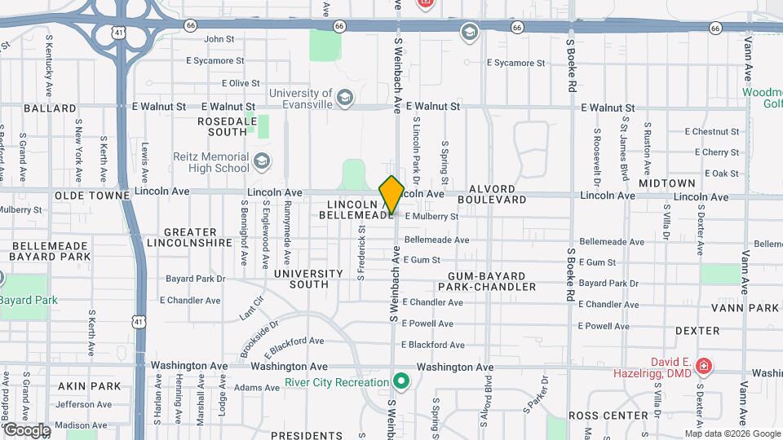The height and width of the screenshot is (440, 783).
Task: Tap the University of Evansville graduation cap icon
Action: [345, 99]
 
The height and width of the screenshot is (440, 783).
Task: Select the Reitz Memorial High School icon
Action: [261, 161]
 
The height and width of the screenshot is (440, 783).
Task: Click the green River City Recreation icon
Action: [400, 381]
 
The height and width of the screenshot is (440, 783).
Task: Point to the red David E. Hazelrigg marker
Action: [704, 367]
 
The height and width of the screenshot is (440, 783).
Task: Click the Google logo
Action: [26, 429]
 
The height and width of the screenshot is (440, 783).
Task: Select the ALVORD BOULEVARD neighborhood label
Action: [492, 199]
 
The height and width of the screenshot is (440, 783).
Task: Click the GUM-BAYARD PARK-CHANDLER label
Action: [486, 281]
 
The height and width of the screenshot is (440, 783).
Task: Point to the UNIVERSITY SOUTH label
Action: [308, 279]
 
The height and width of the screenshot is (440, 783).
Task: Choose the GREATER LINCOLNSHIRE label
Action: [190, 237]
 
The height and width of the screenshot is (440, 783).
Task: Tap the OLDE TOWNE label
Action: [91, 196]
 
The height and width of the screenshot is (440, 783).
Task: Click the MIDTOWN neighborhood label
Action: [667, 183]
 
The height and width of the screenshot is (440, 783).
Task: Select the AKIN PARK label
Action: [95, 386]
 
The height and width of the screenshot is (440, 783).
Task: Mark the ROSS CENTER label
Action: [620, 416]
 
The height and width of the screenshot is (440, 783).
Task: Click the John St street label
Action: [219, 38]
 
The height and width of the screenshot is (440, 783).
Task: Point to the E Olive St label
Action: [241, 83]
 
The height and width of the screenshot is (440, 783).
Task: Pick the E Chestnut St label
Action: [711, 131]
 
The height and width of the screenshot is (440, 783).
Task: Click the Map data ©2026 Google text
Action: [732, 433]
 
